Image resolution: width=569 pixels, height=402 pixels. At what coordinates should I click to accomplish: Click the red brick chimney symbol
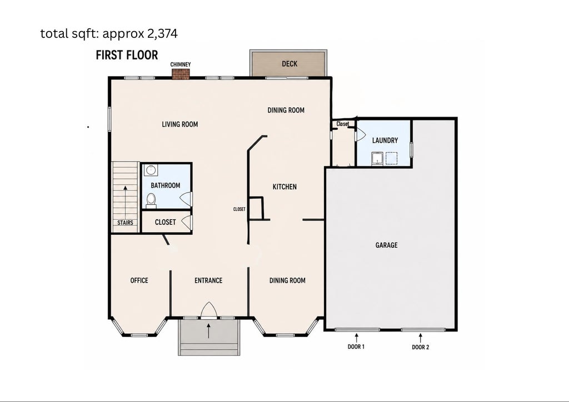pos(181,74)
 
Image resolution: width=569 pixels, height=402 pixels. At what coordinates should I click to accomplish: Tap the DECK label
pos(290,64)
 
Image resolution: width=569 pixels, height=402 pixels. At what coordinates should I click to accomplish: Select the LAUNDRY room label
pos(385,140)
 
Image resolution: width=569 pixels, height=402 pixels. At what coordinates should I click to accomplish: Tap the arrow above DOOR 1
pos(356,338)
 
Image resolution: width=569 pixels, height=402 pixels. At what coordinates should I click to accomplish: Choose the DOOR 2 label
pos(421,347)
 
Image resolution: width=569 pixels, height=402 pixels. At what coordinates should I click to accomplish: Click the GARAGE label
pos(387,245)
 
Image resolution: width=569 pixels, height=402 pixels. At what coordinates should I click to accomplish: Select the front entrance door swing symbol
pos(209,310)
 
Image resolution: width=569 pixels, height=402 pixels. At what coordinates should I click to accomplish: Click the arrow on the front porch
pos(209,331)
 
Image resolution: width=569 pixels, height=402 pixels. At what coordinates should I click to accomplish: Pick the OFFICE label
pos(139,280)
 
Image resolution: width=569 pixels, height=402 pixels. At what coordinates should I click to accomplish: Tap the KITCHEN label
pos(284,187)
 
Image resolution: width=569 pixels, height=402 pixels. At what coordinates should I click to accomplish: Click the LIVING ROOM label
pos(180,124)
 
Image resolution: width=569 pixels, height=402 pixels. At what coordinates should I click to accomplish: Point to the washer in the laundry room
pos(377,158)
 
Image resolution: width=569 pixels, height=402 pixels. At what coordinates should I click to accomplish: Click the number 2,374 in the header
pos(162,34)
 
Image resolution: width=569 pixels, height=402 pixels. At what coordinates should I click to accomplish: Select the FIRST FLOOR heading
pos(127,55)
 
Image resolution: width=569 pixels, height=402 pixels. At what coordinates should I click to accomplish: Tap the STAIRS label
pos(125,223)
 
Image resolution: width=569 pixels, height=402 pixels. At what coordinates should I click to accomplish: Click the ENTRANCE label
pos(208,280)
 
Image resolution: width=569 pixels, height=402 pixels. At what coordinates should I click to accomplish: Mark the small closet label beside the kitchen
pos(239,209)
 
